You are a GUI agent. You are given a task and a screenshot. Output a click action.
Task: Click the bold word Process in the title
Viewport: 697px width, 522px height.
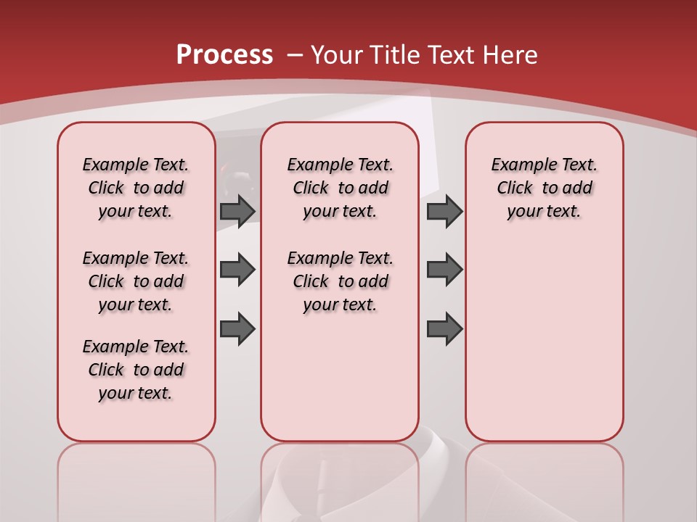pyautogui.click(x=224, y=54)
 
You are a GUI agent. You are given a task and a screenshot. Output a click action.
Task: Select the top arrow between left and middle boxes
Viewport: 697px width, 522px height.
pyautogui.click(x=237, y=211)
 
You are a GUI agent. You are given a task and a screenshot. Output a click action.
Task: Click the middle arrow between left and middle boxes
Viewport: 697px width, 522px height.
pyautogui.click(x=237, y=270)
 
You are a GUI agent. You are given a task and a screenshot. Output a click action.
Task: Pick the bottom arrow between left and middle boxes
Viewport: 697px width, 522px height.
pyautogui.click(x=237, y=329)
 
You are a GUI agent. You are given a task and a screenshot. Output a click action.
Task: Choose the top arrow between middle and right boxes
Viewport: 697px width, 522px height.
pyautogui.click(x=444, y=211)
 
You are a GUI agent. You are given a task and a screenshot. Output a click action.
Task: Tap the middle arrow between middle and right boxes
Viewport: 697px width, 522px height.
pyautogui.click(x=444, y=270)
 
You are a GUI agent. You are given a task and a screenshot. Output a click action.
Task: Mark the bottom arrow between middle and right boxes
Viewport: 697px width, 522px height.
pyautogui.click(x=444, y=329)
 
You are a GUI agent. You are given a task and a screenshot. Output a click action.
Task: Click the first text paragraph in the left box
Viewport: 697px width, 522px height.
pyautogui.click(x=136, y=188)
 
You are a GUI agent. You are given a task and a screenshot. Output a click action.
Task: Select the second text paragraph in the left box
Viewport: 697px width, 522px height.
pyautogui.click(x=136, y=281)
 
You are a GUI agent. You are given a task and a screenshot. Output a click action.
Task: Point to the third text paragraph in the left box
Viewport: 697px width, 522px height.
pyautogui.click(x=136, y=370)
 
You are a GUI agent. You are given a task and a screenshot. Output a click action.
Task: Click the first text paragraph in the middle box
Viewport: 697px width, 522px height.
pyautogui.click(x=340, y=188)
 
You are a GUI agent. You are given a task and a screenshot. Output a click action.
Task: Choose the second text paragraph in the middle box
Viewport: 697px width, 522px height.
pyautogui.click(x=340, y=281)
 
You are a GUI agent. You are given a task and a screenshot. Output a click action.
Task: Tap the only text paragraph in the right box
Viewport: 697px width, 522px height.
pyautogui.click(x=544, y=188)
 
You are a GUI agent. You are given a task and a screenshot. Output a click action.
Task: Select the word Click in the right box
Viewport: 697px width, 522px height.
pyautogui.click(x=515, y=188)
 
